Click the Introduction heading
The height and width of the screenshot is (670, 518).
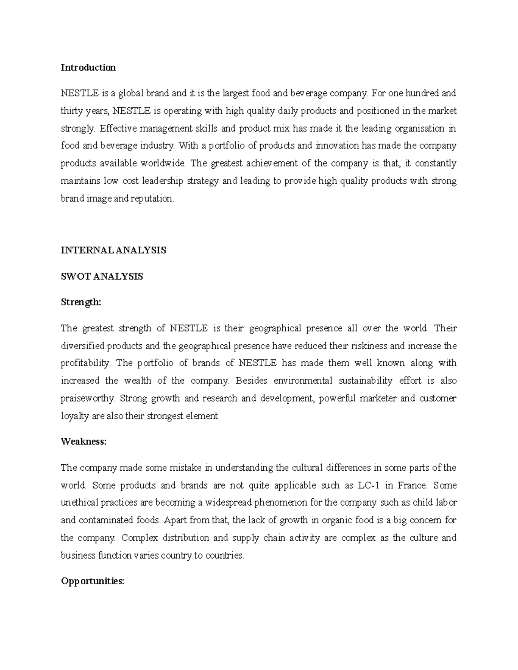[x=88, y=67]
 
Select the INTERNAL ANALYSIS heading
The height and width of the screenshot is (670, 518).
[x=113, y=250]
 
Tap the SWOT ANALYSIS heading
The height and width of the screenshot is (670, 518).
[x=101, y=277]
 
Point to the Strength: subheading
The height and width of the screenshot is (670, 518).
[x=81, y=302]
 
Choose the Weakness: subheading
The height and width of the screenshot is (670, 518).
[x=83, y=442]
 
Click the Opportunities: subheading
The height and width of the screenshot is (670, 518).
[x=92, y=581]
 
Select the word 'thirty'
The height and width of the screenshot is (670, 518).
[x=72, y=111]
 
